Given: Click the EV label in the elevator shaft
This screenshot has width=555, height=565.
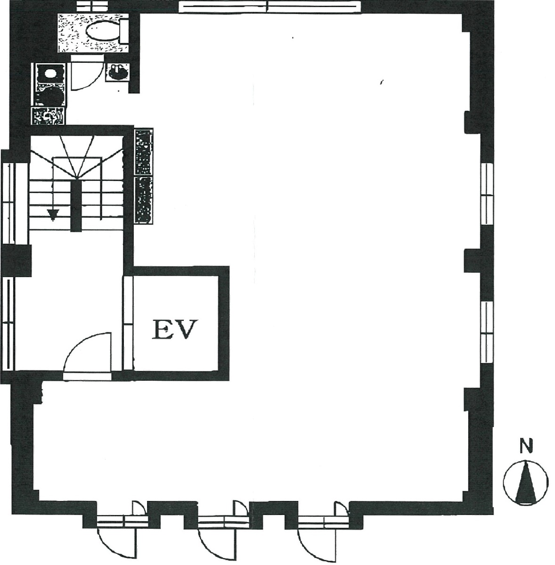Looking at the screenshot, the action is pyautogui.click(x=175, y=329).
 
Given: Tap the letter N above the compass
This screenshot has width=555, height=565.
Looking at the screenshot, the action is pyautogui.click(x=526, y=446).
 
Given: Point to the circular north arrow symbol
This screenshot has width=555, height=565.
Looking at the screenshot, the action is pyautogui.click(x=526, y=483).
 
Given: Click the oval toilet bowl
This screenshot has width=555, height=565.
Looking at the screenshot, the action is pyautogui.click(x=103, y=31).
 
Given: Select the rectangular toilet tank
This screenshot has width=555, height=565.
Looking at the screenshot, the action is pyautogui.click(x=124, y=31).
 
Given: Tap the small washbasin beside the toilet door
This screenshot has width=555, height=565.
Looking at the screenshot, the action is pyautogui.click(x=118, y=72).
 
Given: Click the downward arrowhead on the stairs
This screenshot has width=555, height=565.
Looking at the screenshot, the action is pyautogui.click(x=53, y=215).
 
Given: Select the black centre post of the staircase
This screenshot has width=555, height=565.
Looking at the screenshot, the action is pyautogui.click(x=76, y=205).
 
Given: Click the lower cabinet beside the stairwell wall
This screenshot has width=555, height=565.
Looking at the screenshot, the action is pyautogui.click(x=143, y=200).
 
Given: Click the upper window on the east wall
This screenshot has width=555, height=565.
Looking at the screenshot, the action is pyautogui.click(x=487, y=194).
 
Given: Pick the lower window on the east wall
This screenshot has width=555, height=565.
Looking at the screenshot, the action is pyautogui.click(x=487, y=332).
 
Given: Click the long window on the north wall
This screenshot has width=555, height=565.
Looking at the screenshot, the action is pyautogui.click(x=269, y=7).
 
